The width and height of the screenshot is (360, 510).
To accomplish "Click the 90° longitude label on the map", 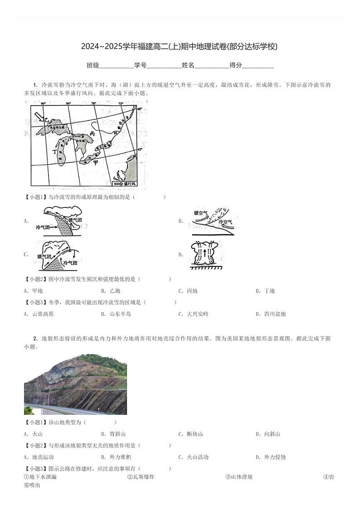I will (43, 104).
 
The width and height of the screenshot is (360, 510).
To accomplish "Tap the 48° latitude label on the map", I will (139, 109).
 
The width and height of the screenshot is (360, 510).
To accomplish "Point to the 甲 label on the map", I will (95, 163).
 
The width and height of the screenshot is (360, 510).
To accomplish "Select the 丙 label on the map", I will (92, 134).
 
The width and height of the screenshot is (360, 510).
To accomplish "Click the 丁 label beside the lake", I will (55, 152).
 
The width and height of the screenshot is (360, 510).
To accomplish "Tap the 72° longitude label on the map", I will (121, 104).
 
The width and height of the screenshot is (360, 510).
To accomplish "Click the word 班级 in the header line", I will (93, 65).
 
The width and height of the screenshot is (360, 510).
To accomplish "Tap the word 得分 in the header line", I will (236, 65).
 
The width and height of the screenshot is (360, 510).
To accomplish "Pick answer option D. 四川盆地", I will (271, 314).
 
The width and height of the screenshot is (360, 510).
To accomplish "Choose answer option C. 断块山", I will (190, 434).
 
